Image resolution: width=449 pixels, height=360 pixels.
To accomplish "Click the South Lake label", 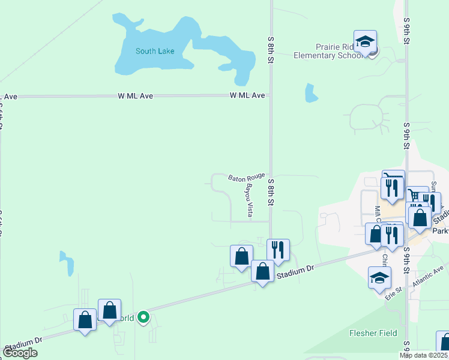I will pos(155,51).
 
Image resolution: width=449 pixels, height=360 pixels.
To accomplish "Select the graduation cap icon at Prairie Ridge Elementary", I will pos(365,42).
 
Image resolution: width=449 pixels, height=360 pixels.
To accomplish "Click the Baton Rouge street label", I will pos(247,177).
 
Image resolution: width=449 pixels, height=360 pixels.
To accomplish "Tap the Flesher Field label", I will pos(373,333).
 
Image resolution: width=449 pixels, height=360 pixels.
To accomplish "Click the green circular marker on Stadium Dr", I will pos(143,317).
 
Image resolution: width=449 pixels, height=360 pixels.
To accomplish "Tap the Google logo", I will pos(20,353).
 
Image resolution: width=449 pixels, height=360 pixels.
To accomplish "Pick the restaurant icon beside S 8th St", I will pos(278,249).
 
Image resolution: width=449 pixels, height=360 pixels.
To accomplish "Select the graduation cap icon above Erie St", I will pos(379,277).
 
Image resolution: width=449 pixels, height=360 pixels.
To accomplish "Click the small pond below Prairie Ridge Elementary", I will pos(310,93).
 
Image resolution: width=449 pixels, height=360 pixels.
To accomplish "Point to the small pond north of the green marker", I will pos(67,263).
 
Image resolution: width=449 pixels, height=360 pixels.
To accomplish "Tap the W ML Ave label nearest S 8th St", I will pos(247,95).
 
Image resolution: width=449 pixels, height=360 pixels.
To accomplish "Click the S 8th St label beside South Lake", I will pos(271,47).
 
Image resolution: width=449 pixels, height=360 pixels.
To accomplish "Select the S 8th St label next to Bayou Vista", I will pos(271,192).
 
